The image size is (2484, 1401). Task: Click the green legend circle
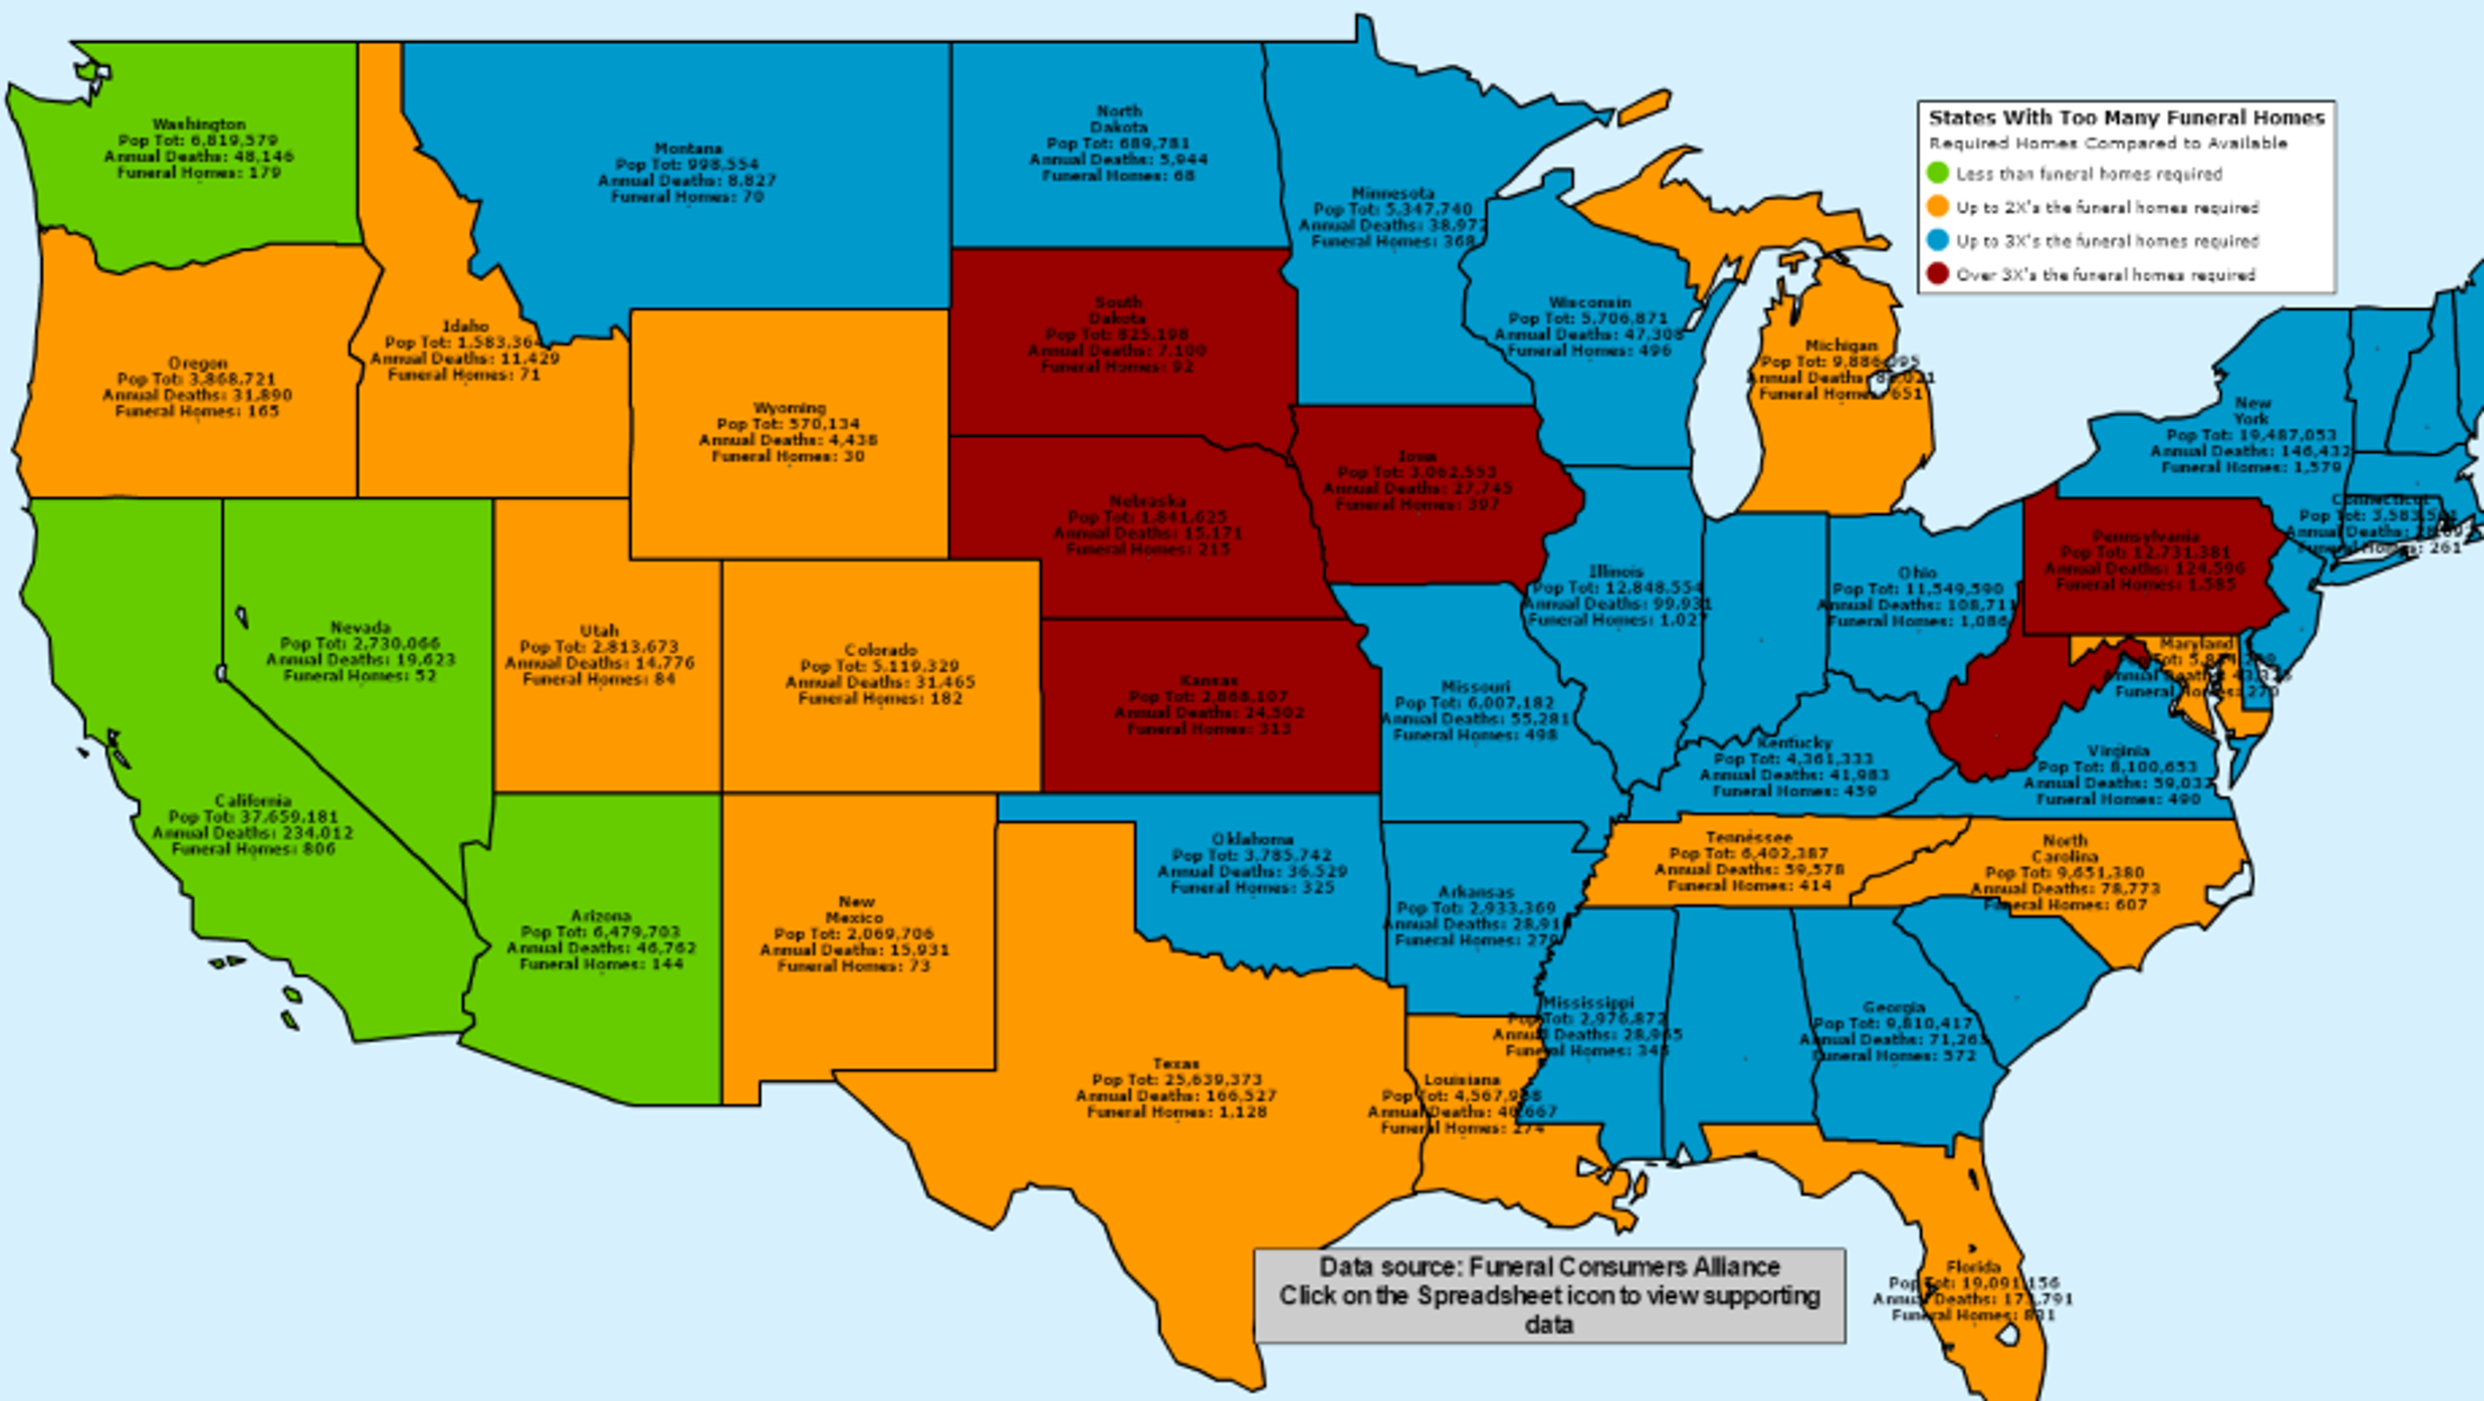1937,175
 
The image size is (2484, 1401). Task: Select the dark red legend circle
1937,275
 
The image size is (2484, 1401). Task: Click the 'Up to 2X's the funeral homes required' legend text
2107,207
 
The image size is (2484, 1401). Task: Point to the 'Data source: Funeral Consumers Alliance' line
1550,1267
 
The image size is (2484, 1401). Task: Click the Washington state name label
200,124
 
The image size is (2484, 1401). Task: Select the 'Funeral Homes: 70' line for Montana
688,196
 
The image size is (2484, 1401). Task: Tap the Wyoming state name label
789,408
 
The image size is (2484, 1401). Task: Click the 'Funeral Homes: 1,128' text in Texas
1177,1111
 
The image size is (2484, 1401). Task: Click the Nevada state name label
360,628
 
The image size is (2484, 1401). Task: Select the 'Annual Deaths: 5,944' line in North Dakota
1118,159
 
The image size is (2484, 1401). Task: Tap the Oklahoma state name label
1253,840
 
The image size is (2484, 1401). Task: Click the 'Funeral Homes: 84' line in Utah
599,679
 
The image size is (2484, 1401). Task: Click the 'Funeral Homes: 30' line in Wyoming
788,456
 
